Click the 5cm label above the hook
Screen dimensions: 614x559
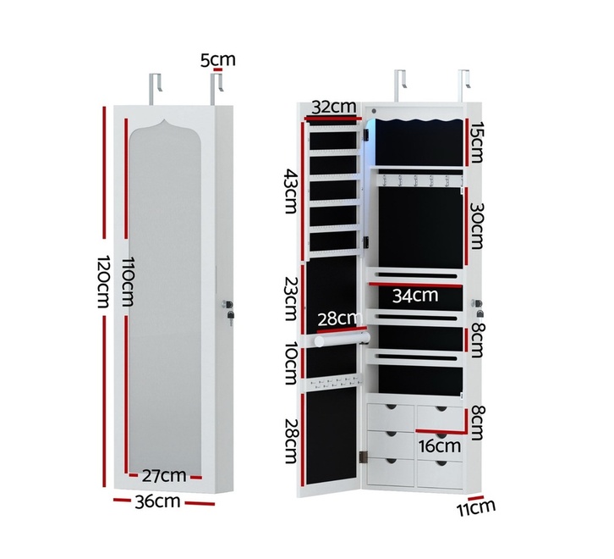coord(217,59)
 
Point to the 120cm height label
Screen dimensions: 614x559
coord(102,281)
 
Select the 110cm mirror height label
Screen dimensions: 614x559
coord(127,281)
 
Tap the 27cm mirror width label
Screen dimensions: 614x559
coord(164,475)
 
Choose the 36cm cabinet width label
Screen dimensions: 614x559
coord(157,501)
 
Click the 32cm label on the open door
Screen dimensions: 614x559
coord(334,107)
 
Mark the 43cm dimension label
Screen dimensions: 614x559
coord(291,191)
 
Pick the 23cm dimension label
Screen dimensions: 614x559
coord(291,299)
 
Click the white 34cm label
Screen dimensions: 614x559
coord(415,296)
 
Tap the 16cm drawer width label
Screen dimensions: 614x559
coord(439,446)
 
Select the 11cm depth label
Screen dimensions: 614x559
coord(476,508)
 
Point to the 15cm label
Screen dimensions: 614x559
coord(476,142)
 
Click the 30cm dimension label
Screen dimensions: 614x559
coord(476,226)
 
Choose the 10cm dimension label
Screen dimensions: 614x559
coord(291,363)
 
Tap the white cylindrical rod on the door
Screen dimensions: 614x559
coord(342,339)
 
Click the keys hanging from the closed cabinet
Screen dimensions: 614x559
coord(231,317)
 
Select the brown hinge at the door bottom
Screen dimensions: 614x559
coord(364,457)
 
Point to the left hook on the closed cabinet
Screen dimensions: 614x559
coord(155,89)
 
